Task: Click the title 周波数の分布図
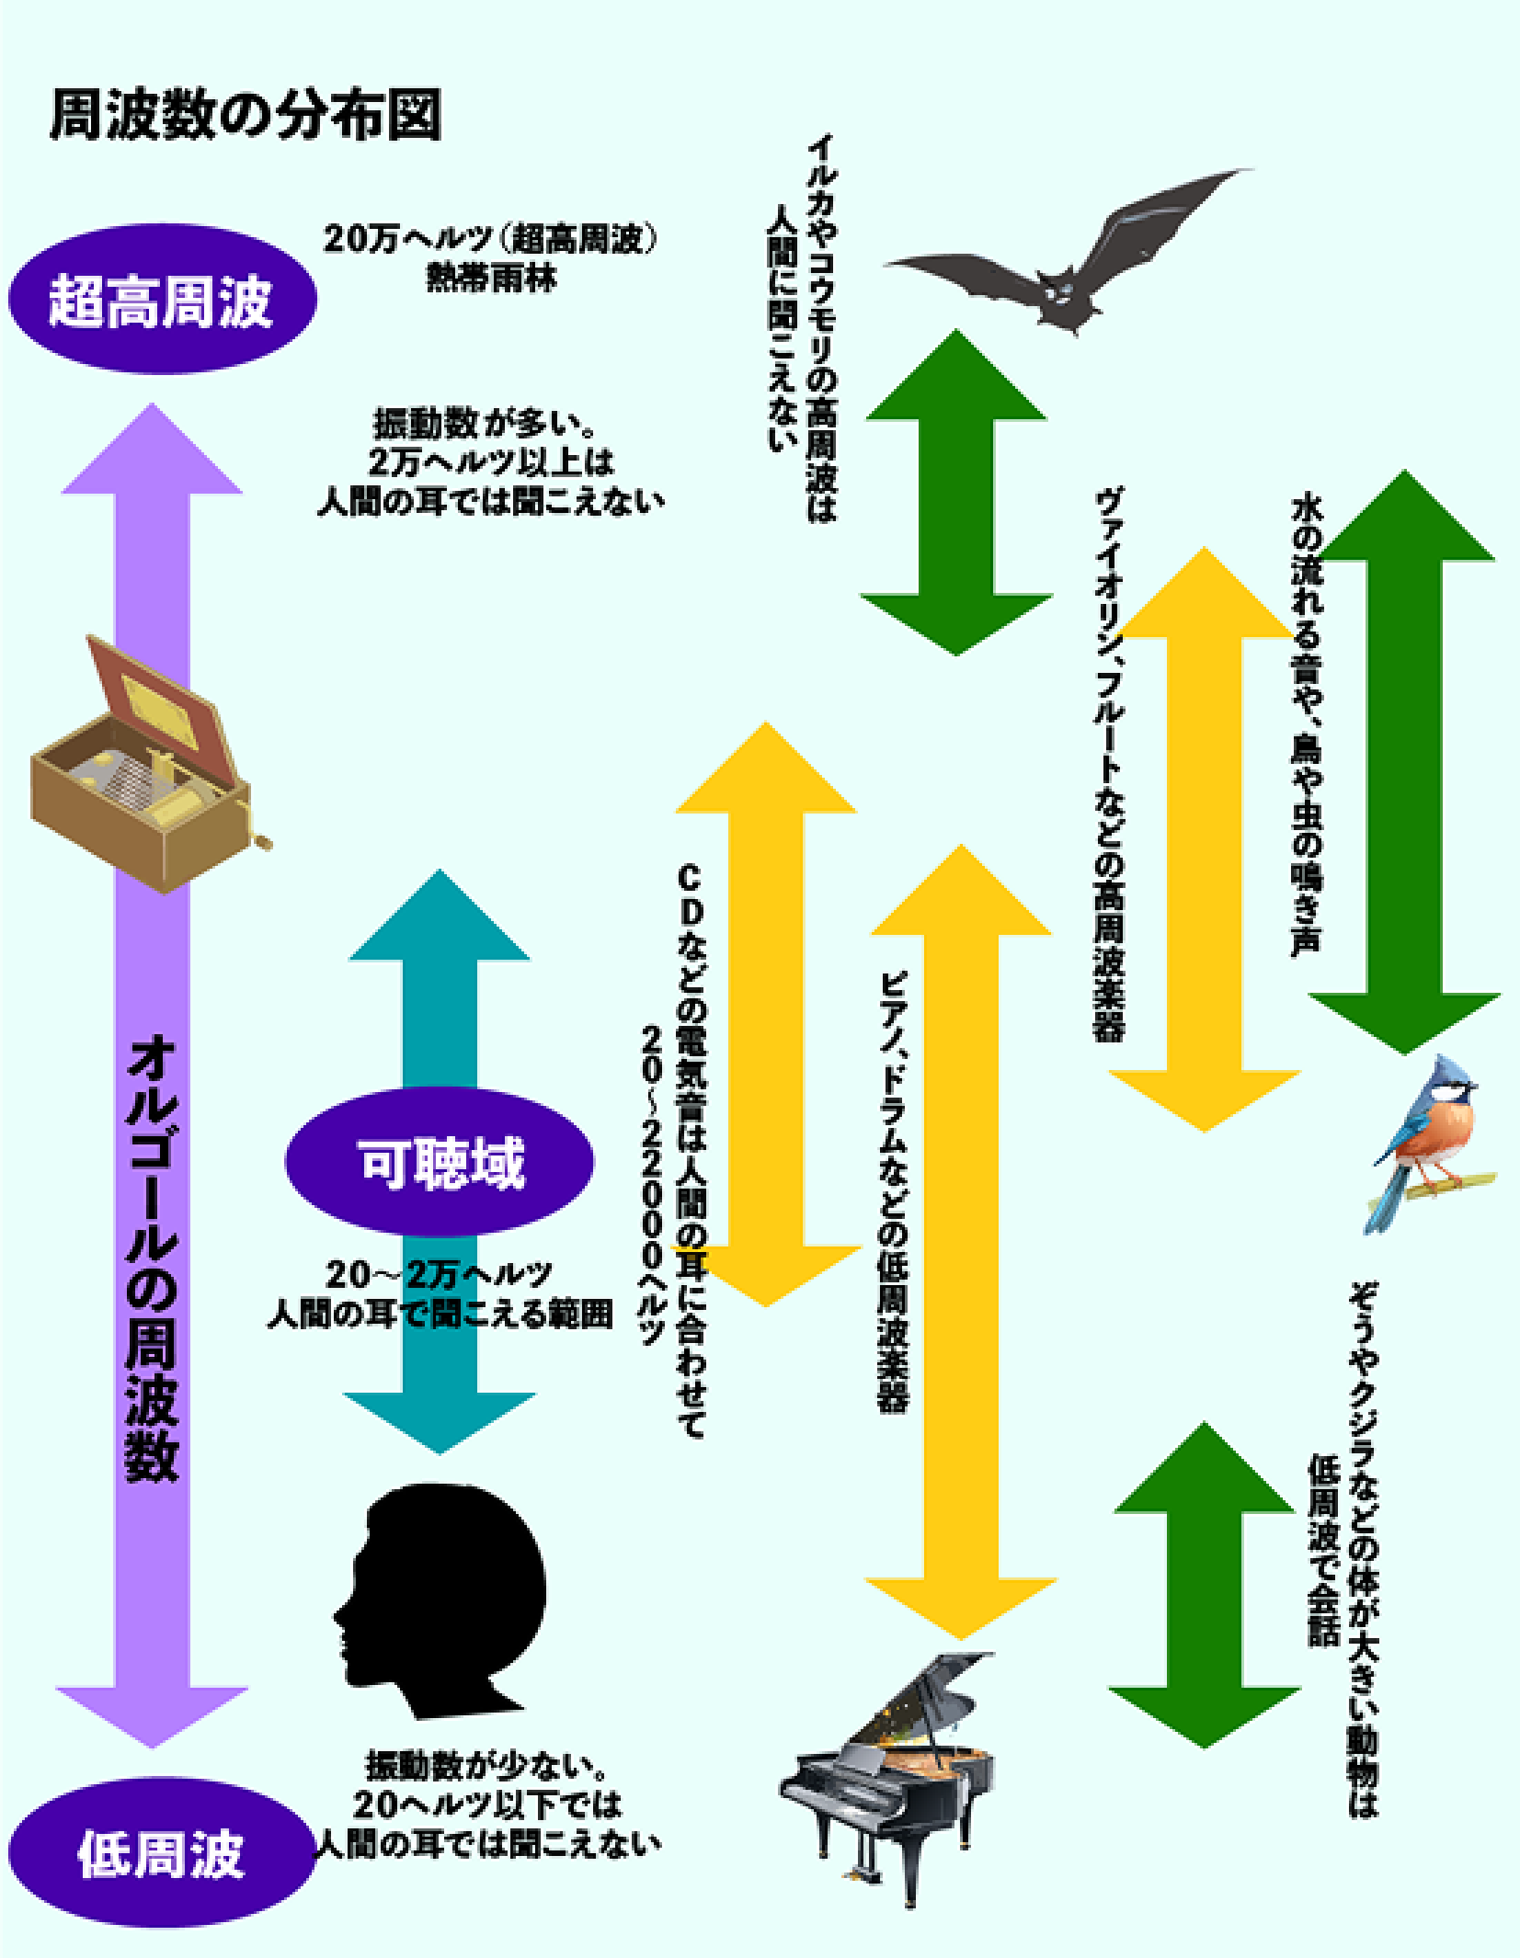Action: click(x=245, y=117)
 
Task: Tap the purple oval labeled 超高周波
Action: click(x=162, y=301)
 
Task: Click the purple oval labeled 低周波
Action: click(x=162, y=1853)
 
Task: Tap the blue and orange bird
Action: click(x=1428, y=1144)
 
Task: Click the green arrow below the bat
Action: click(x=956, y=492)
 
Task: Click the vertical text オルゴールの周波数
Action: click(x=152, y=1259)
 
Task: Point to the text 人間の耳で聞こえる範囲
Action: click(x=440, y=1315)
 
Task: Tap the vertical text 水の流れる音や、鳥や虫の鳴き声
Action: click(x=1306, y=726)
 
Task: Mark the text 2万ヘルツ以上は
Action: click(x=490, y=461)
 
